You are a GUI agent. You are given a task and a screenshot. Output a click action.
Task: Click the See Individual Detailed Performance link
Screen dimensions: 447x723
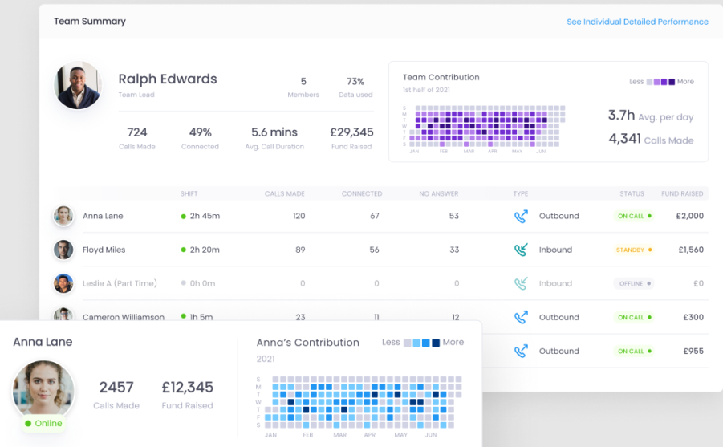[637, 22]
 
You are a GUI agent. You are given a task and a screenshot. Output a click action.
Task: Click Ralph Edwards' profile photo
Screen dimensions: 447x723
[78, 84]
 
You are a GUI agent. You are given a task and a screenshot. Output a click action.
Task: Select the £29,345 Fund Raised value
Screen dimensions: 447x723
[351, 132]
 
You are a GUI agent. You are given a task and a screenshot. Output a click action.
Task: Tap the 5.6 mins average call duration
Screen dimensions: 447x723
[274, 132]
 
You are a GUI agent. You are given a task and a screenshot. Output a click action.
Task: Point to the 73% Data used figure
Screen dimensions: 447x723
[355, 82]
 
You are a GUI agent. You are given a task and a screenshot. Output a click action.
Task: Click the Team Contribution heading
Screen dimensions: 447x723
[441, 78]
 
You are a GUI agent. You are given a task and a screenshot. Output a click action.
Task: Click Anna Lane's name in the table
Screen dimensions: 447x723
[103, 216]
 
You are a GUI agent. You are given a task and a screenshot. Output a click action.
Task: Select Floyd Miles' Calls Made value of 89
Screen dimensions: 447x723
[300, 250]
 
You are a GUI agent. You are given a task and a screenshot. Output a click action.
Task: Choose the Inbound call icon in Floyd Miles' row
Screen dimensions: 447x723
[521, 250]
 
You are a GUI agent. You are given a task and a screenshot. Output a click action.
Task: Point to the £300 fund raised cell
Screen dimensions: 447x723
[693, 317]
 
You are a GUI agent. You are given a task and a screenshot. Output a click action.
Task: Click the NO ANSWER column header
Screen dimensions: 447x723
[440, 193]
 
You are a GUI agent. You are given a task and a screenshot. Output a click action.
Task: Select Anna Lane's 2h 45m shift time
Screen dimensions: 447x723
[205, 216]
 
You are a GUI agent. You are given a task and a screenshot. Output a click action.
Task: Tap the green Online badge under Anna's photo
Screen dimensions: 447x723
[43, 423]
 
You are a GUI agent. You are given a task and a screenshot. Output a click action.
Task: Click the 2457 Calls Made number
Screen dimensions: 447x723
[116, 388]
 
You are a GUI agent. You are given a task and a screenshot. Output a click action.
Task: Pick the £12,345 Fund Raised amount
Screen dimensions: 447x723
[187, 388]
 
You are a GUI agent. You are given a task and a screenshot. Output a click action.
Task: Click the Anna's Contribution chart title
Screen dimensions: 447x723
[307, 343]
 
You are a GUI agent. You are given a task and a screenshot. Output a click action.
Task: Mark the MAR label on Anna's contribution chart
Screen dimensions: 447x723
[339, 434]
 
